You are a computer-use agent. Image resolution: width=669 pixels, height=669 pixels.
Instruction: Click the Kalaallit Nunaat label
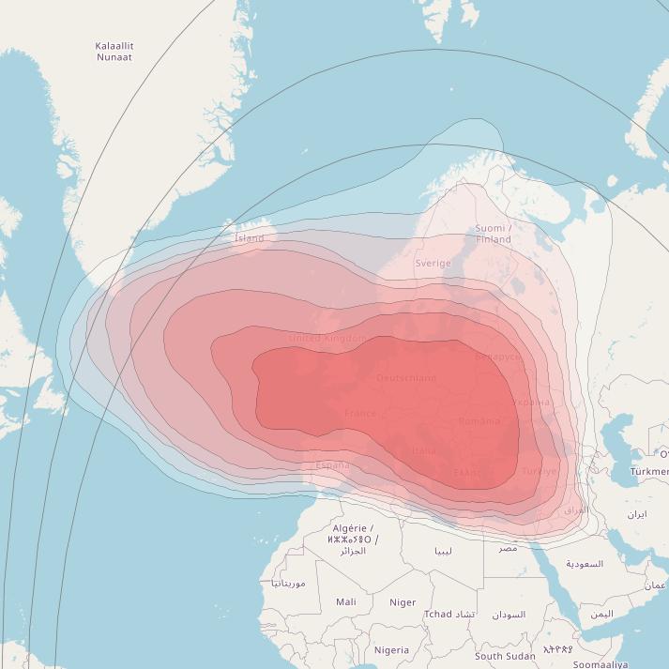[114, 51]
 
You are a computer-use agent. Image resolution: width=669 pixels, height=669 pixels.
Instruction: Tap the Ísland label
[249, 238]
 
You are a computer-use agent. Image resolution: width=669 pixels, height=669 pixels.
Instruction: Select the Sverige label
[433, 264]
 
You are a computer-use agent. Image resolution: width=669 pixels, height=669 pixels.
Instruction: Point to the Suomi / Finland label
[494, 234]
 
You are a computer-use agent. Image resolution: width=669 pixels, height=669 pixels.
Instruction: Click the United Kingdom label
[327, 338]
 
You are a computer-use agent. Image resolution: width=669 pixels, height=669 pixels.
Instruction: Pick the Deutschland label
[406, 378]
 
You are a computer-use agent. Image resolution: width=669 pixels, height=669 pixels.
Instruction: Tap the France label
[360, 413]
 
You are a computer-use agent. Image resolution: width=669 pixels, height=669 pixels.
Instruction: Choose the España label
[332, 465]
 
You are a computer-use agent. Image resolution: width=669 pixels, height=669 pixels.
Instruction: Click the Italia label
[423, 450]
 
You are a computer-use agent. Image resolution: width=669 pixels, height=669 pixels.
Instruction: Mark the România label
[479, 421]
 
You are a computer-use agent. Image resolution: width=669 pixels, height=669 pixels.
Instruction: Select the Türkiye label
[540, 471]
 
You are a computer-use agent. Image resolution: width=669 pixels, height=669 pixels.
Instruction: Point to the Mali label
[345, 602]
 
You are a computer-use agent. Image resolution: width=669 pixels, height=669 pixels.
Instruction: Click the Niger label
[403, 602]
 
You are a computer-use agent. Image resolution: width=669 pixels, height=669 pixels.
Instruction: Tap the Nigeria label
[391, 650]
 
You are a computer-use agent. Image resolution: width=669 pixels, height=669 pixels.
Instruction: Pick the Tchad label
[437, 615]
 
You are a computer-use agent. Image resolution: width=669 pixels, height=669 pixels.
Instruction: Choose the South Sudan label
[505, 656]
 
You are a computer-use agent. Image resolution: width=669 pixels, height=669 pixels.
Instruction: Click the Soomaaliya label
[601, 664]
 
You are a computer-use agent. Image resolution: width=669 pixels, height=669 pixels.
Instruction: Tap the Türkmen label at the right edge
[649, 471]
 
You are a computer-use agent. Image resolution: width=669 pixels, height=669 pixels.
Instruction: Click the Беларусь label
[497, 357]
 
